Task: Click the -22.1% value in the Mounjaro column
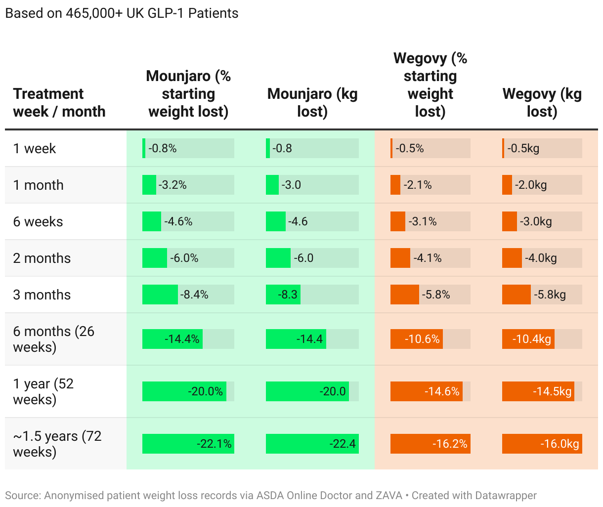pyautogui.click(x=214, y=444)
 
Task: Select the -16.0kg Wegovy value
pyautogui.click(x=560, y=444)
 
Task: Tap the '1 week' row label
pyautogui.click(x=35, y=148)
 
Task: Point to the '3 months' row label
pyautogui.click(x=42, y=295)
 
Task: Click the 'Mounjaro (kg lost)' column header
pyautogui.click(x=312, y=102)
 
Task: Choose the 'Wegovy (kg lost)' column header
pyautogui.click(x=542, y=102)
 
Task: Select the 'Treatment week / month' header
pyautogui.click(x=59, y=102)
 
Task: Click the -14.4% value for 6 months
pyautogui.click(x=182, y=339)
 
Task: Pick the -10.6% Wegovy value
pyautogui.click(x=422, y=339)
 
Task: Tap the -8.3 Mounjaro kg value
pyautogui.click(x=288, y=295)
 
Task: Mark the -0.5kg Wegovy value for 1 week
pyautogui.click(x=523, y=148)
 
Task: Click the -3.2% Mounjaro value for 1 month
pyautogui.click(x=172, y=185)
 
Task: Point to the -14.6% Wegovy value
pyautogui.click(x=442, y=391)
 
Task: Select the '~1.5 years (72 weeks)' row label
pyautogui.click(x=57, y=444)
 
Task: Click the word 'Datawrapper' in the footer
pyautogui.click(x=506, y=496)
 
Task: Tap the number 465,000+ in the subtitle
pyautogui.click(x=94, y=13)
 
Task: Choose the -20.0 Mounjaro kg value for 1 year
pyautogui.click(x=333, y=391)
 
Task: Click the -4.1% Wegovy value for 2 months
pyautogui.click(x=428, y=258)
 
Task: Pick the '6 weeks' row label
pyautogui.click(x=38, y=222)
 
